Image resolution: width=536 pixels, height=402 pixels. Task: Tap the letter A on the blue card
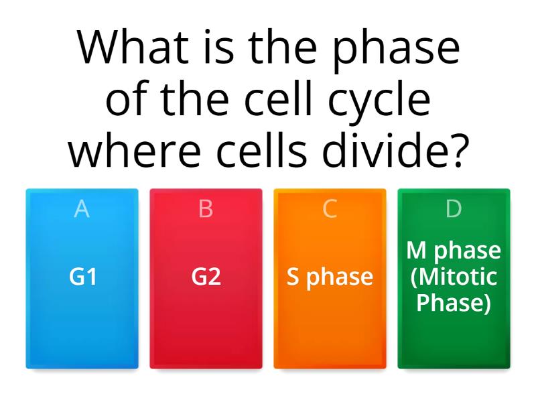(82, 209)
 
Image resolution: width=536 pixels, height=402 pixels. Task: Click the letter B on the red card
(206, 209)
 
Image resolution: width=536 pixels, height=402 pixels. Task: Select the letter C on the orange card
(330, 209)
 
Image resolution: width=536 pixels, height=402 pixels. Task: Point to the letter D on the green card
(454, 209)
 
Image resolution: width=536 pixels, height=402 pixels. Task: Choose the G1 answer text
(82, 277)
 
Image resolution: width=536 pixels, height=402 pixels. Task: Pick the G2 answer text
(206, 277)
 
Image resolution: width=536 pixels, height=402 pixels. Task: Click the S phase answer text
(330, 277)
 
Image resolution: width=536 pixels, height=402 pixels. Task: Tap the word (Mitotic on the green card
(454, 277)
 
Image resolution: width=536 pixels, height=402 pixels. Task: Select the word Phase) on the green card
(454, 303)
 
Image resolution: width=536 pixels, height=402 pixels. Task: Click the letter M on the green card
(416, 251)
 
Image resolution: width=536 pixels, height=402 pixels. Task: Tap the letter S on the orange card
(293, 277)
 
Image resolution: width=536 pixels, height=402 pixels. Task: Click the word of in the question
(128, 100)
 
